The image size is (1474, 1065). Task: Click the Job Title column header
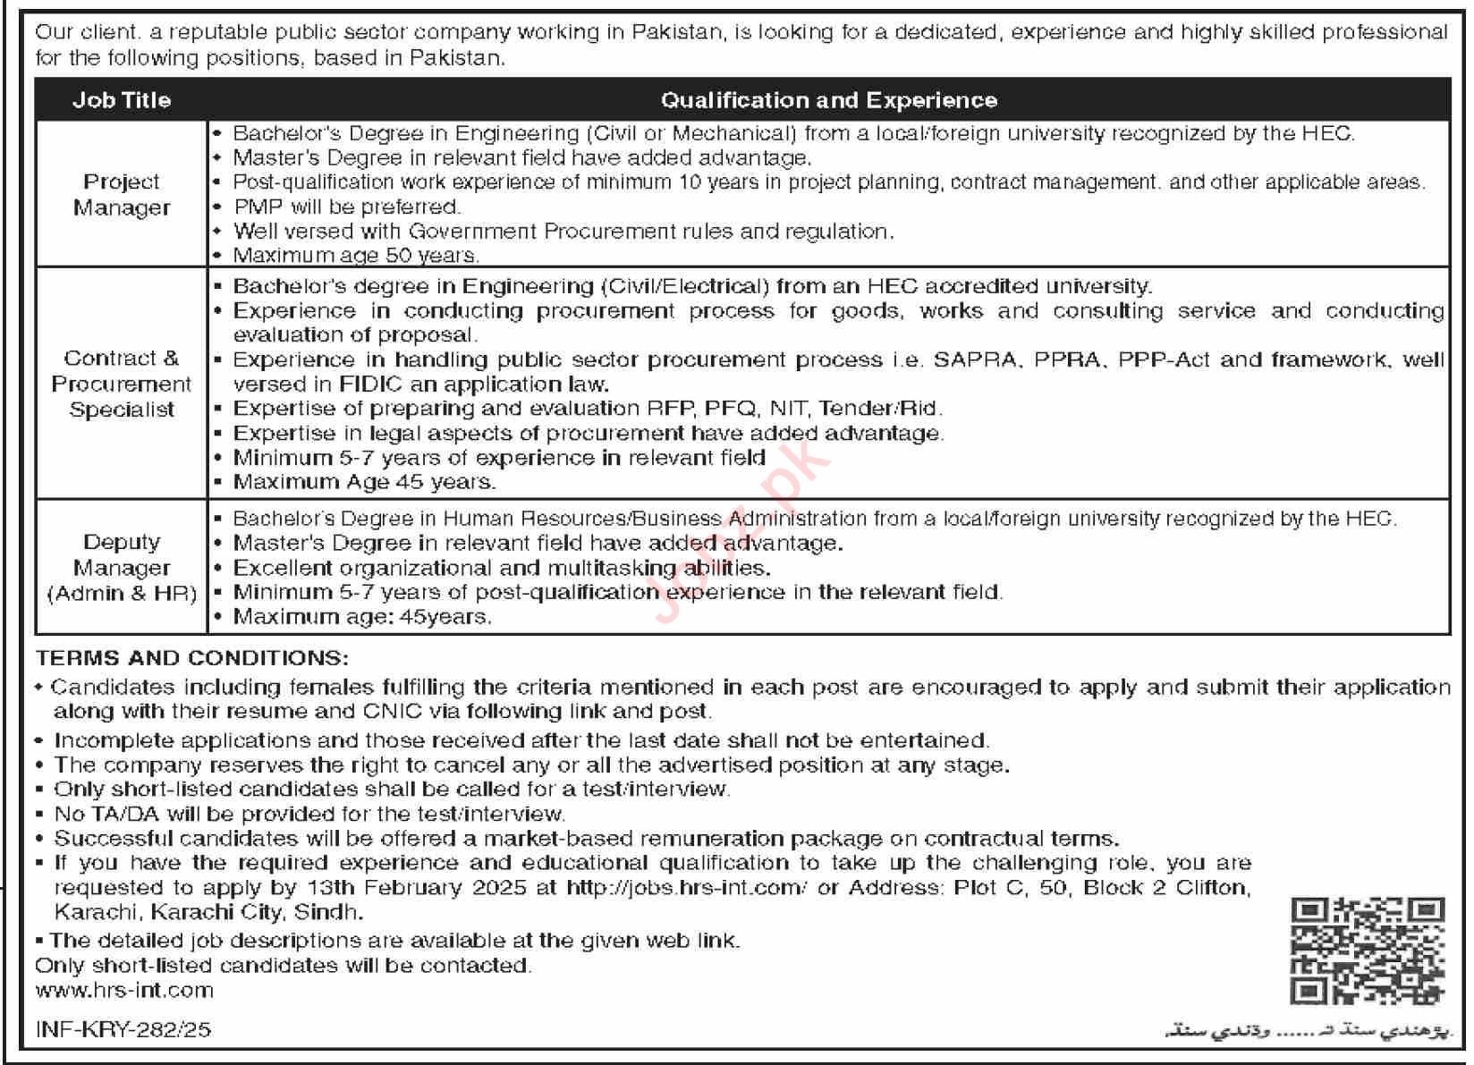point(122,100)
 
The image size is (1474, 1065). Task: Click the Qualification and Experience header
point(828,100)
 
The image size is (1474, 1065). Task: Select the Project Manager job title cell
point(122,194)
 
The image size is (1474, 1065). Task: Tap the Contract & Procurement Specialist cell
point(122,384)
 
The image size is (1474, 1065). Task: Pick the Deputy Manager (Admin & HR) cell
point(122,568)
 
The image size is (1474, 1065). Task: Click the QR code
point(1368,951)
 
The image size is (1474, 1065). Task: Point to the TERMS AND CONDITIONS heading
point(191,658)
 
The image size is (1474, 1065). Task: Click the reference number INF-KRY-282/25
point(123,1029)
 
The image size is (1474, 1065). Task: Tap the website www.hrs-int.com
point(124,990)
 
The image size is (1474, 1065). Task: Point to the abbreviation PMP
point(258,207)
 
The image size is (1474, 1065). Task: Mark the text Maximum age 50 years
point(356,256)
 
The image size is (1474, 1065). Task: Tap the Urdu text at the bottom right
point(1305,1032)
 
